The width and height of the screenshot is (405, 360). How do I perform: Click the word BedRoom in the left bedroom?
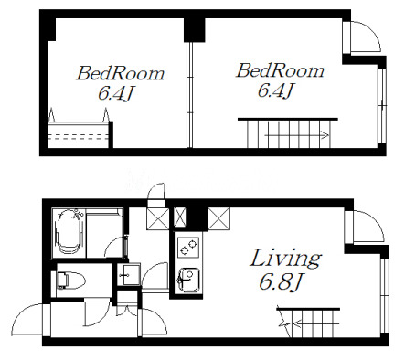[121, 73]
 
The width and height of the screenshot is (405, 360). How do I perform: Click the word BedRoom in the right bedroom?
[280, 70]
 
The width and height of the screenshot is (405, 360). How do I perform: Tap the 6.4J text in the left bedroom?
[116, 93]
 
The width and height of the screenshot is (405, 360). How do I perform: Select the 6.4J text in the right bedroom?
[276, 90]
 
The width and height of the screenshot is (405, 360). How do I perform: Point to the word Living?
[286, 259]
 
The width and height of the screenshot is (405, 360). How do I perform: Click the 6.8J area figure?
[281, 282]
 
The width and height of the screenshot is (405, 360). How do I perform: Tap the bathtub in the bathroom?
[69, 232]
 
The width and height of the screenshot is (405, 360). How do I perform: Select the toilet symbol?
[71, 281]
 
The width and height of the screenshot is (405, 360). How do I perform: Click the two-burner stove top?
[188, 247]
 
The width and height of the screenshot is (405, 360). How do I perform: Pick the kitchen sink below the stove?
[189, 281]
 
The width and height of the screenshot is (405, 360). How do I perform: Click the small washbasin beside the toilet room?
[129, 275]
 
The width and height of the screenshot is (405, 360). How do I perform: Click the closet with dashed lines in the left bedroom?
[79, 135]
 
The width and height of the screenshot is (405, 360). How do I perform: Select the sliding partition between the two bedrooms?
[189, 95]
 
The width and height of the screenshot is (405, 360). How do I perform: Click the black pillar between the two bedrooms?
[195, 30]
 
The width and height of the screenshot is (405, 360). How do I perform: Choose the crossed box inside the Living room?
[218, 218]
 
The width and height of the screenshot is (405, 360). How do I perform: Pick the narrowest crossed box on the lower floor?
[179, 217]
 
